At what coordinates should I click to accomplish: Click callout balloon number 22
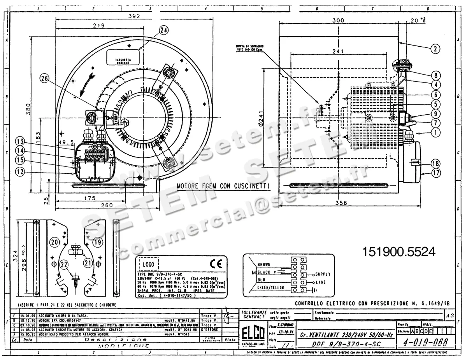tap(64, 264)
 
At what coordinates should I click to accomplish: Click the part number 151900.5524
tap(398, 252)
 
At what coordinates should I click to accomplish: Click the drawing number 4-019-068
tap(424, 342)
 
